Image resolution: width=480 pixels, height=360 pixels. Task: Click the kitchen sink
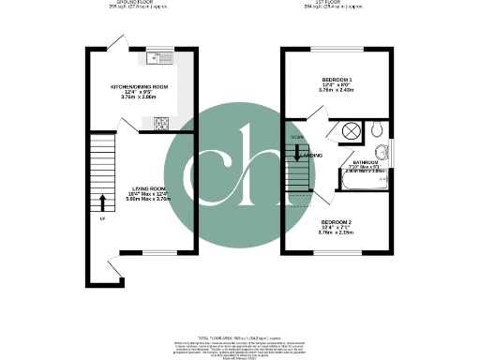coord(157,58)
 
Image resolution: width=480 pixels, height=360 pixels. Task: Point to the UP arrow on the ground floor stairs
coord(101,202)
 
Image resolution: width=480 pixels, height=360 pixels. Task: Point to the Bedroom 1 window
coord(337,49)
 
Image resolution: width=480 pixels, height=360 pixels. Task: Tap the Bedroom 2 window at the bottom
coord(337,253)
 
